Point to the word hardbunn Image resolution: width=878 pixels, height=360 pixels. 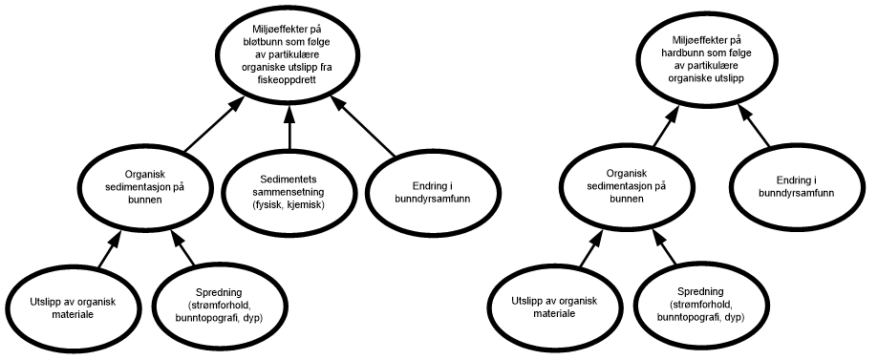pos(685,53)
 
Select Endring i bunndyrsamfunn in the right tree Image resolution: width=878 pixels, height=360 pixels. pos(796,186)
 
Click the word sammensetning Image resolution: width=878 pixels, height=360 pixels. pos(288,192)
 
